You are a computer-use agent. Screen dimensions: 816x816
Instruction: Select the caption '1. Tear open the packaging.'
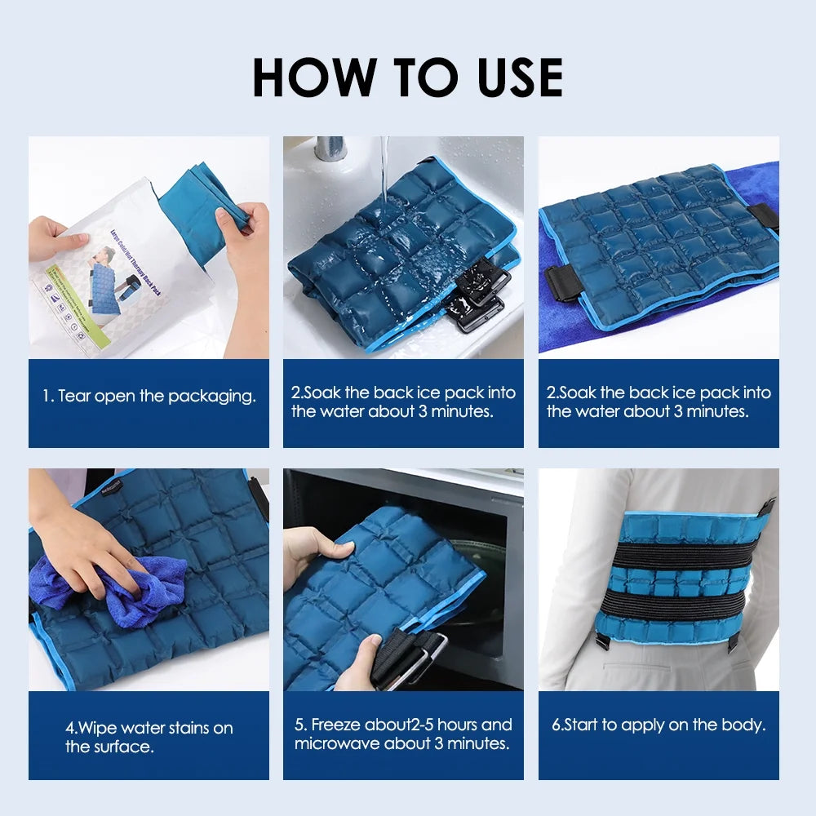(149, 397)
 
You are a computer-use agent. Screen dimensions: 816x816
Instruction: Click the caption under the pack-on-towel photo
(659, 402)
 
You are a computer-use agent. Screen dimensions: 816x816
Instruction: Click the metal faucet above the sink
(330, 148)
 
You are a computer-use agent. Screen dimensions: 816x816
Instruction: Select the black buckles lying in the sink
(477, 298)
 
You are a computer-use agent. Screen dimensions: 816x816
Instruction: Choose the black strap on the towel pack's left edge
(564, 282)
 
